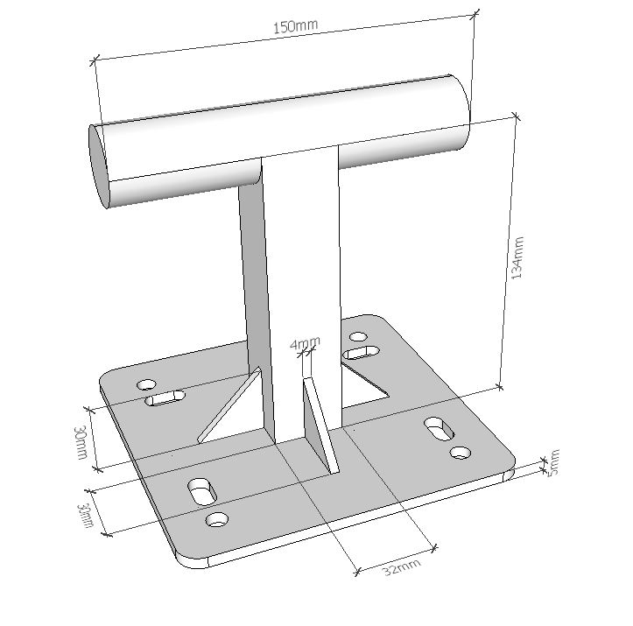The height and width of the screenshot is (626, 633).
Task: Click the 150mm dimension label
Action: click(296, 26)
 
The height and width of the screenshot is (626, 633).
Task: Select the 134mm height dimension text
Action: click(517, 257)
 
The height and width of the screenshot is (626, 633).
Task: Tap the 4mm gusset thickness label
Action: click(305, 343)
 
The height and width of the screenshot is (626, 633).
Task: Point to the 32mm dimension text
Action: click(401, 566)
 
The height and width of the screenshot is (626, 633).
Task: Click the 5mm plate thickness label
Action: click(552, 462)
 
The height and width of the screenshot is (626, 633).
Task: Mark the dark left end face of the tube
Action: click(99, 165)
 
